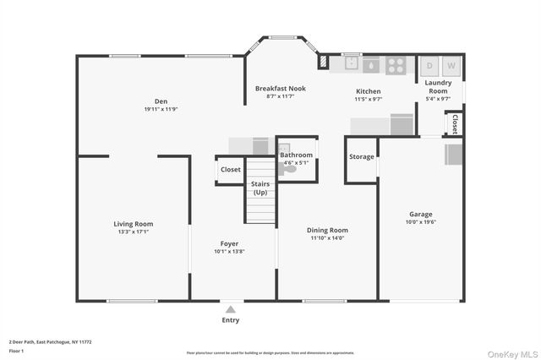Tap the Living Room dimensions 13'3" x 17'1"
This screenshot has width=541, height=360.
click(134, 232)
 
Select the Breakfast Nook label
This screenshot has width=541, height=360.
click(281, 88)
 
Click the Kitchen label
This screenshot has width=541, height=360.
click(369, 91)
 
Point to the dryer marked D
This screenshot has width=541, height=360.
click(429, 65)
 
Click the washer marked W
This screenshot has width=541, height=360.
click(451, 65)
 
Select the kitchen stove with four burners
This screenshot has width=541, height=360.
click(396, 64)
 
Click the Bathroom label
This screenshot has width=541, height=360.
click(297, 155)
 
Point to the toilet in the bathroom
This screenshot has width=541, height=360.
click(290, 169)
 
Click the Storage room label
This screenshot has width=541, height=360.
click(362, 156)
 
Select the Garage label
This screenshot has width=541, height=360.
click(421, 214)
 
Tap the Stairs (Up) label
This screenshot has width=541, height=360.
click(260, 188)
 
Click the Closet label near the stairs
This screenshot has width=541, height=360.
click(230, 169)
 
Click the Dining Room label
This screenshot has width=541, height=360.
click(327, 230)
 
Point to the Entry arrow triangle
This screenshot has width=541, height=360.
click(230, 309)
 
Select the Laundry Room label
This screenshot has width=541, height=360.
click(438, 86)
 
